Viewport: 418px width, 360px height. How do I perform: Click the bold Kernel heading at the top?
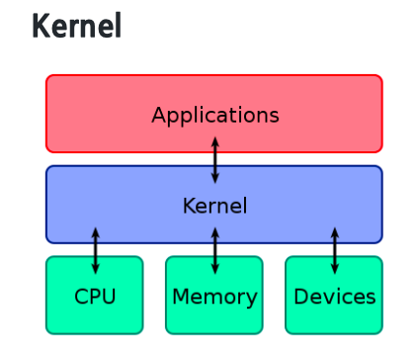[x=77, y=25]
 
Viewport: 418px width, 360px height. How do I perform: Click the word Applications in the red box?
[x=215, y=116]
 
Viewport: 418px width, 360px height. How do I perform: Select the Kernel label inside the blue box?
[x=214, y=206]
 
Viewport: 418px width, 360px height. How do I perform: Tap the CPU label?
[x=95, y=296]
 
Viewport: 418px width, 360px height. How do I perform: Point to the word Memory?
[x=214, y=298]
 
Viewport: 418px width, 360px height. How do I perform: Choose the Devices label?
[x=335, y=296]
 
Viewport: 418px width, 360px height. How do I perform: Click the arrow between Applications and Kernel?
[x=215, y=160]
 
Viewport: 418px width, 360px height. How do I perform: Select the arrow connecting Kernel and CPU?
[x=96, y=251]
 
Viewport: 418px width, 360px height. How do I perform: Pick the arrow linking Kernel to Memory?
[x=215, y=251]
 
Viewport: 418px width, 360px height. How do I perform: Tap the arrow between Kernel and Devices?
[x=335, y=251]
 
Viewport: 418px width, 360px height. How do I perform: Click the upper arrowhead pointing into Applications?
[x=215, y=142]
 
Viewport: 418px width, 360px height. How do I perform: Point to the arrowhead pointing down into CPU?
[x=96, y=269]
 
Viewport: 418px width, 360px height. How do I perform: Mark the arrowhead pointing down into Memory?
[x=215, y=269]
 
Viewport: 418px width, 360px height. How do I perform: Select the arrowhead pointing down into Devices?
[x=335, y=269]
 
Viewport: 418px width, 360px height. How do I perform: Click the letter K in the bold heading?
[x=40, y=26]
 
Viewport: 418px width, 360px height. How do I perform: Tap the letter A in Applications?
[x=159, y=115]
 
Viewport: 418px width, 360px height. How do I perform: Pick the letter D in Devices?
[x=301, y=296]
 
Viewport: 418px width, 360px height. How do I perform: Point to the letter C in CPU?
[x=81, y=296]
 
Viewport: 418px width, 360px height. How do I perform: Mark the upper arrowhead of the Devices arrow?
[x=335, y=232]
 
